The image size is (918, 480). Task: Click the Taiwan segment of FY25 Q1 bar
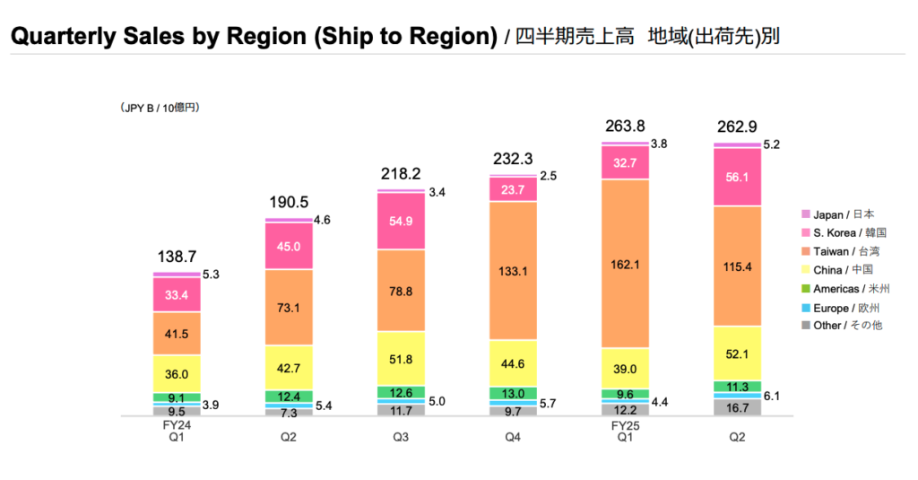click(626, 263)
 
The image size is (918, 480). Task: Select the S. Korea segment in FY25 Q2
click(737, 177)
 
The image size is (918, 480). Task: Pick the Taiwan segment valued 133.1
click(514, 270)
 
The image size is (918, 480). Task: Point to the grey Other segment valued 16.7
click(737, 407)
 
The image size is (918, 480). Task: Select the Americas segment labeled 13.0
click(514, 393)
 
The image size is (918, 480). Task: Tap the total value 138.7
click(177, 256)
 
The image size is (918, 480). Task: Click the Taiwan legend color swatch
click(805, 251)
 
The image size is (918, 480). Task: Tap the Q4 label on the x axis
click(514, 438)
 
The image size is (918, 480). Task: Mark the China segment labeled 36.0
click(177, 373)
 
